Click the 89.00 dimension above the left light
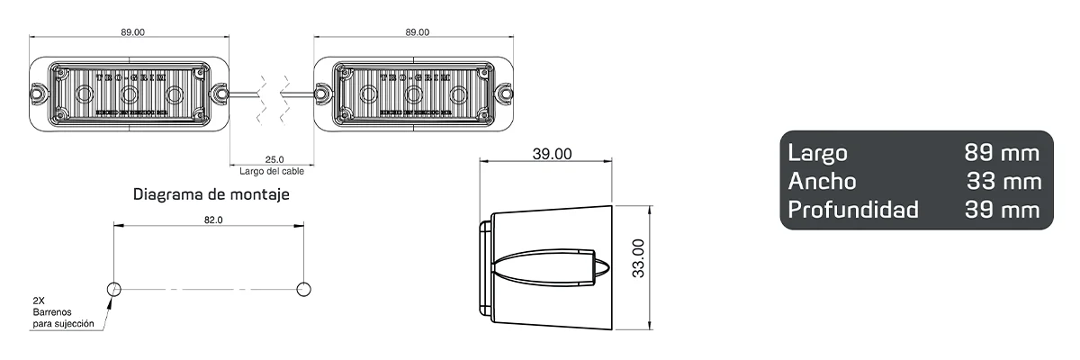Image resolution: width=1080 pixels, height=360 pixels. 132,32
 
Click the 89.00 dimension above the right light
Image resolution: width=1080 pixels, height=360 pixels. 417,32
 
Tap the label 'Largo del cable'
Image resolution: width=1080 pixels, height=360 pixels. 272,171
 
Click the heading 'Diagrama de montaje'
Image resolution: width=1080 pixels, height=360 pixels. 211,193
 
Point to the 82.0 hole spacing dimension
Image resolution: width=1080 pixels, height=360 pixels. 213,219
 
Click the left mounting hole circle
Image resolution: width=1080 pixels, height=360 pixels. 114,288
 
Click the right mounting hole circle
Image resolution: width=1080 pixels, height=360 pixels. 303,288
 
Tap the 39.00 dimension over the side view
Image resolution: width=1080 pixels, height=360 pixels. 551,154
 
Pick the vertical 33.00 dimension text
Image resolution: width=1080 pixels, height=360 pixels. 638,259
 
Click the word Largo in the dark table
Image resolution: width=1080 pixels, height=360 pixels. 817,152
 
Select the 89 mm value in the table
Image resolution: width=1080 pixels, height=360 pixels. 1002,152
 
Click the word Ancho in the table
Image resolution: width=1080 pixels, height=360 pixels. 822,181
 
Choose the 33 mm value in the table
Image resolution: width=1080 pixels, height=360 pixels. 1003,181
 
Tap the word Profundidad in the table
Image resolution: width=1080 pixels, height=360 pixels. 853,211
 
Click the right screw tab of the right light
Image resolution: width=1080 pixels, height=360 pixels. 505,93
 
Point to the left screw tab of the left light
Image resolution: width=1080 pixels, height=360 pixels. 39,93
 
